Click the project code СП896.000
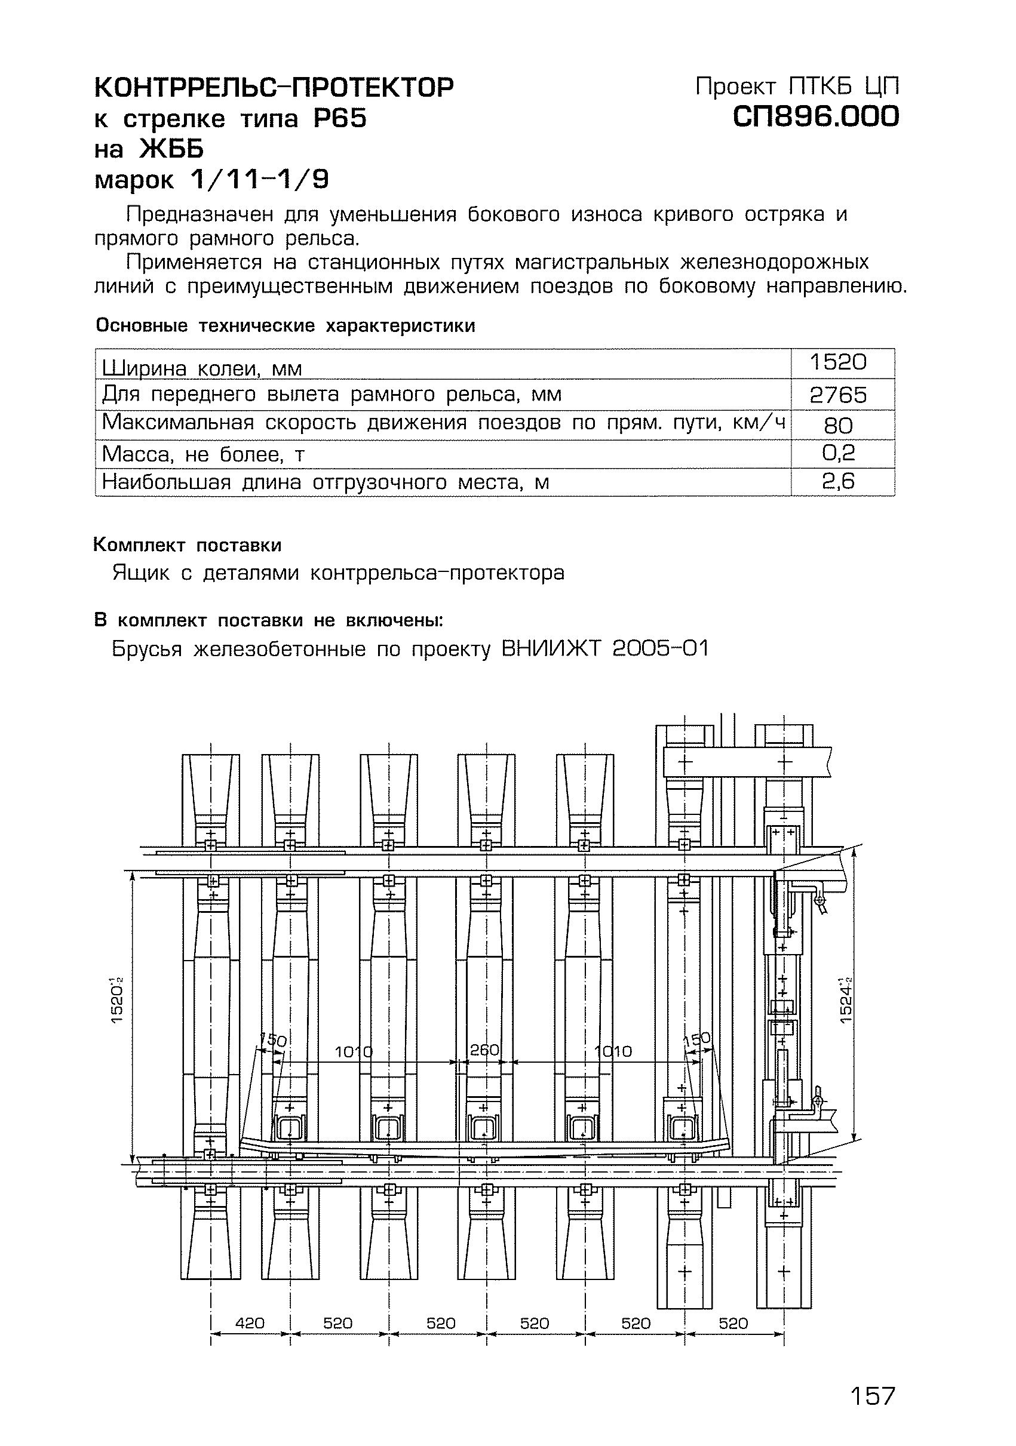(816, 116)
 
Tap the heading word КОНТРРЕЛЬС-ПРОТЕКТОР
(274, 88)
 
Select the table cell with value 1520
(839, 362)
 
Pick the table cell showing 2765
(839, 395)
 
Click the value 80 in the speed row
(839, 426)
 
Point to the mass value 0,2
(839, 453)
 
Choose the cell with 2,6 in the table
(839, 482)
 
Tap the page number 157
(873, 1396)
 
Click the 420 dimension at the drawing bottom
(250, 1323)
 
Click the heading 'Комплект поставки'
(187, 544)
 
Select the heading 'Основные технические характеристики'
(285, 325)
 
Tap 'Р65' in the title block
(340, 118)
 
